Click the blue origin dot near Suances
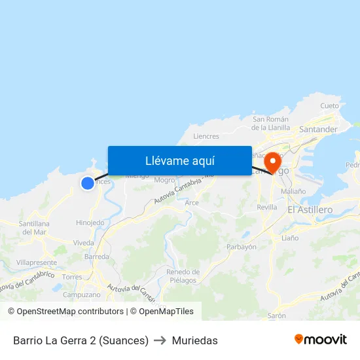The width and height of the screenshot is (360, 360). click(88, 183)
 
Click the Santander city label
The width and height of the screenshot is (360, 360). click(318, 130)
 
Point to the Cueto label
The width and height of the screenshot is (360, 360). click(329, 106)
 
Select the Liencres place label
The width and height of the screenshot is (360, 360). click(206, 136)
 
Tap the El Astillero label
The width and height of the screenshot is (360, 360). click(310, 209)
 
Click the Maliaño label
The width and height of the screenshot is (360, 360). click(293, 191)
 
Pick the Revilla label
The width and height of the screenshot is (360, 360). click(267, 207)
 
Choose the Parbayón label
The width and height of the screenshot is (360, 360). click(241, 247)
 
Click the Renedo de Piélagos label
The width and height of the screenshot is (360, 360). click(183, 276)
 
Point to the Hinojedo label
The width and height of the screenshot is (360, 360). click(90, 223)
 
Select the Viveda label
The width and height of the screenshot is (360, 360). click(84, 242)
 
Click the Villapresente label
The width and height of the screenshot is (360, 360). click(37, 262)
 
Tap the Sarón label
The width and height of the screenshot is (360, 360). click(277, 315)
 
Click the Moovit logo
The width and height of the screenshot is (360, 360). click(321, 340)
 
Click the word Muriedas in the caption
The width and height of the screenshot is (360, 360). click(195, 340)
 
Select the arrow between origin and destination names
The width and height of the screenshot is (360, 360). click(160, 340)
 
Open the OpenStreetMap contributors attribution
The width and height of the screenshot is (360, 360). click(70, 312)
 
